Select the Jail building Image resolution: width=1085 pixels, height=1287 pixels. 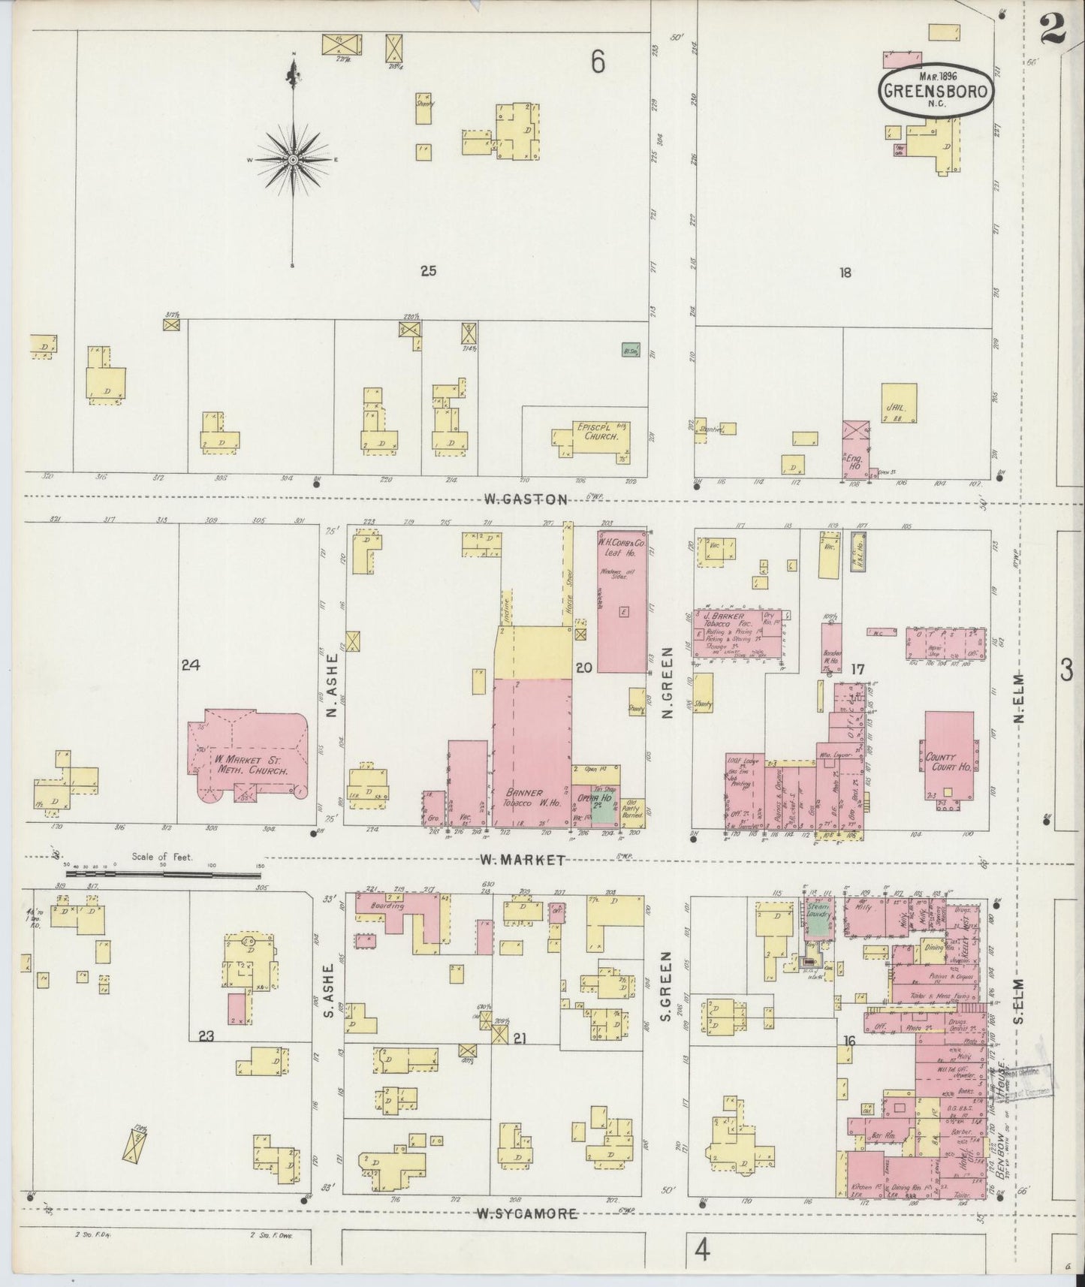(899, 404)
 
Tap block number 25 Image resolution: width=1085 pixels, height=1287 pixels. (428, 271)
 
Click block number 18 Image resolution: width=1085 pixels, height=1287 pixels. (845, 273)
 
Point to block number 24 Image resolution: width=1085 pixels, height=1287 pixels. (191, 664)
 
